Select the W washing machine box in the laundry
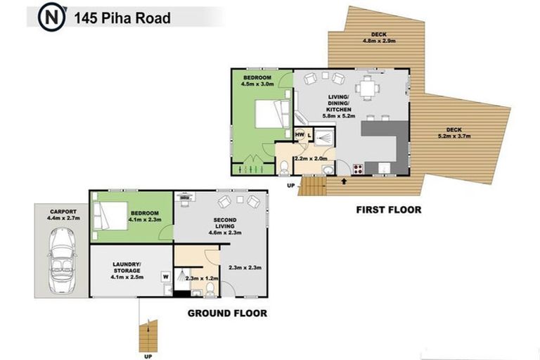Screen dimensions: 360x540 pos(166,276)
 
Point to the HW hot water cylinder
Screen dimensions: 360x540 pos(300,134)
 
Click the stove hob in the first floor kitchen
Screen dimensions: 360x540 pos(356,168)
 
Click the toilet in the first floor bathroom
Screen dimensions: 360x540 pos(283,167)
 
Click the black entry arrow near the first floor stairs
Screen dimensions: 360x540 pos(343,181)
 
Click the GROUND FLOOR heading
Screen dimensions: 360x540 pos(226,312)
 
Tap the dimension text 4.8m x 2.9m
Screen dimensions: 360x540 pos(380,41)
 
